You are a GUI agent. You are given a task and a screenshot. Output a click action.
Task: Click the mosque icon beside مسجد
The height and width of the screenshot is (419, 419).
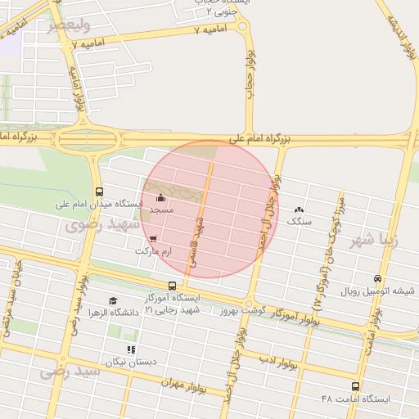[161, 197]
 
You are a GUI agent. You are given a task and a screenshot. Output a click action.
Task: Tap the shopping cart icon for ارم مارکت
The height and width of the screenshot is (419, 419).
[155, 239]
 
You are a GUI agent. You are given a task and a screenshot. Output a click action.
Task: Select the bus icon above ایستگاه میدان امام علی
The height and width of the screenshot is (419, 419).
[99, 190]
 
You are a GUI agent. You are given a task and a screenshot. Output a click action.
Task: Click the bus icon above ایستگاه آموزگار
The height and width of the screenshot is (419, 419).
[172, 286]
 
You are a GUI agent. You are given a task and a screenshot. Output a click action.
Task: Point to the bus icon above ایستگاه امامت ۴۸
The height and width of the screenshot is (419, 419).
[355, 385]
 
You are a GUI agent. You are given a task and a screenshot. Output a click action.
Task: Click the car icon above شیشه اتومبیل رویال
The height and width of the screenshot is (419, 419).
[377, 279]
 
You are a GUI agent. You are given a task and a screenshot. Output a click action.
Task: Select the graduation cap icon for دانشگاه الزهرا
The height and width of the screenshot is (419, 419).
[112, 300]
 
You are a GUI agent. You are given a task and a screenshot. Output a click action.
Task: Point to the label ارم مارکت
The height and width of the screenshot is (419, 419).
[155, 254]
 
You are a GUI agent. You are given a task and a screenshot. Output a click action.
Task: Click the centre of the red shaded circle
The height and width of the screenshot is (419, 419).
[210, 209]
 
